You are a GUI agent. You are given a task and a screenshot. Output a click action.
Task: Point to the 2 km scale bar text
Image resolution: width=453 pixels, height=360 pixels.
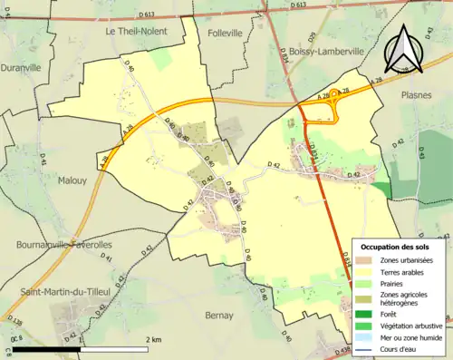[151, 339]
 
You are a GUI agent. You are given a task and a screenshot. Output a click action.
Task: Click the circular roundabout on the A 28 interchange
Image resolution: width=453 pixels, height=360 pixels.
[336, 93]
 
